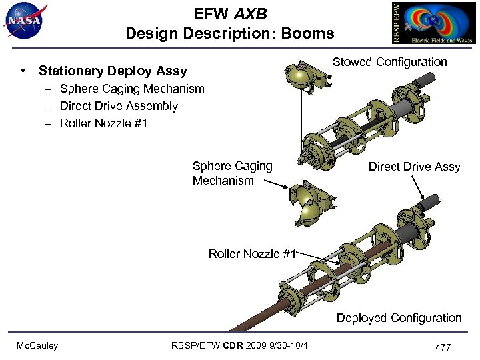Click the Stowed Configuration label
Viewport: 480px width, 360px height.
point(389,62)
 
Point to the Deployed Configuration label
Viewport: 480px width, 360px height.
point(399,318)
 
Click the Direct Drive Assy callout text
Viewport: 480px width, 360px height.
point(414,167)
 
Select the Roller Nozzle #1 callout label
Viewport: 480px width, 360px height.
point(251,253)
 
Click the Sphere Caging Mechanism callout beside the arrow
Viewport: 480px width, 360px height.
point(232,173)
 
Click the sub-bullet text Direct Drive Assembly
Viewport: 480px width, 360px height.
point(119,106)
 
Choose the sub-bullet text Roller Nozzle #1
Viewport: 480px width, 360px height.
point(103,123)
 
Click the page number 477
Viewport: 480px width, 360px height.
point(443,347)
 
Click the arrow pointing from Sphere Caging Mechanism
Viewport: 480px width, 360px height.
point(275,188)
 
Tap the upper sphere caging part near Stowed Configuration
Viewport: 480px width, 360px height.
point(300,79)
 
